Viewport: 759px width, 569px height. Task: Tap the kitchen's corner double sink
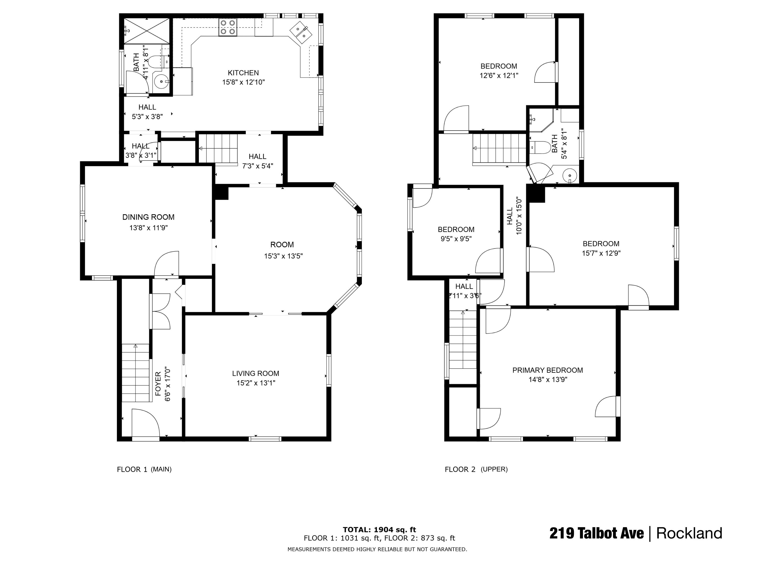coord(301,31)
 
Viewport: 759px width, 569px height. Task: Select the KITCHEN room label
coord(243,73)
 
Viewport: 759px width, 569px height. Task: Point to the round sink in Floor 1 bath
coord(161,82)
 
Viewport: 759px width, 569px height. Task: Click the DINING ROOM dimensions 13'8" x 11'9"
coord(148,227)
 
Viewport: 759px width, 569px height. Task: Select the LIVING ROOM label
coord(256,373)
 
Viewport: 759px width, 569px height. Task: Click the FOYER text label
coord(158,384)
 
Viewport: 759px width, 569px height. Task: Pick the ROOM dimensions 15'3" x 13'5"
coord(283,256)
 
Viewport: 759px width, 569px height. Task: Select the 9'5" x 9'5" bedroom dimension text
coord(456,239)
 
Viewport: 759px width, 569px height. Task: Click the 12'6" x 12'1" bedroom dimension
coord(499,75)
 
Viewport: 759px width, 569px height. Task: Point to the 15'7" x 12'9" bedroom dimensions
coord(601,253)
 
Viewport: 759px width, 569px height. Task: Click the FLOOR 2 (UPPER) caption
coord(476,469)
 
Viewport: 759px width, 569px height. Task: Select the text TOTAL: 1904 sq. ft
coord(379,530)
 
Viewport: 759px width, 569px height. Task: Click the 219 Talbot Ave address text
coord(596,533)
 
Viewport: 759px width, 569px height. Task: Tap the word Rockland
coord(689,533)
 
